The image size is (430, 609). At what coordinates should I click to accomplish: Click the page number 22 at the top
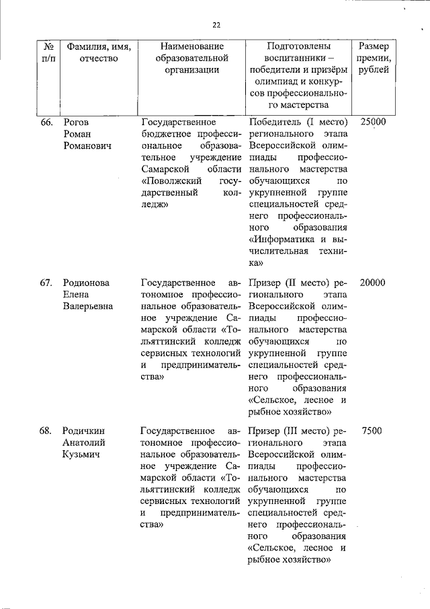[x=216, y=25]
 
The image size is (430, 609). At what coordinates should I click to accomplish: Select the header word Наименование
[x=191, y=46]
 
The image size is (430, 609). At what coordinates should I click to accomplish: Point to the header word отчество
[x=98, y=59]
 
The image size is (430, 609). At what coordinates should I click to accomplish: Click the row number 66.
[x=46, y=122]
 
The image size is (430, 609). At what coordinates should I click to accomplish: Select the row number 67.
[x=46, y=283]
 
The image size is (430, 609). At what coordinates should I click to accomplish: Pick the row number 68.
[x=46, y=431]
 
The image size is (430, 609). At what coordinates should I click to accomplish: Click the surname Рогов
[x=75, y=122]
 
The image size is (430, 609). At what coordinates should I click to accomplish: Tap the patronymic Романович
[x=87, y=145]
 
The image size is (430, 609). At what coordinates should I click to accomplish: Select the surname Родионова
[x=85, y=283]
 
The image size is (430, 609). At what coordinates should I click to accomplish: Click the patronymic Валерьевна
[x=87, y=306]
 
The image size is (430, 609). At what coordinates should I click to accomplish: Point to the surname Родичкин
[x=83, y=431]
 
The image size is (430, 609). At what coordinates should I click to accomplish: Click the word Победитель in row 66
[x=274, y=122]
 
